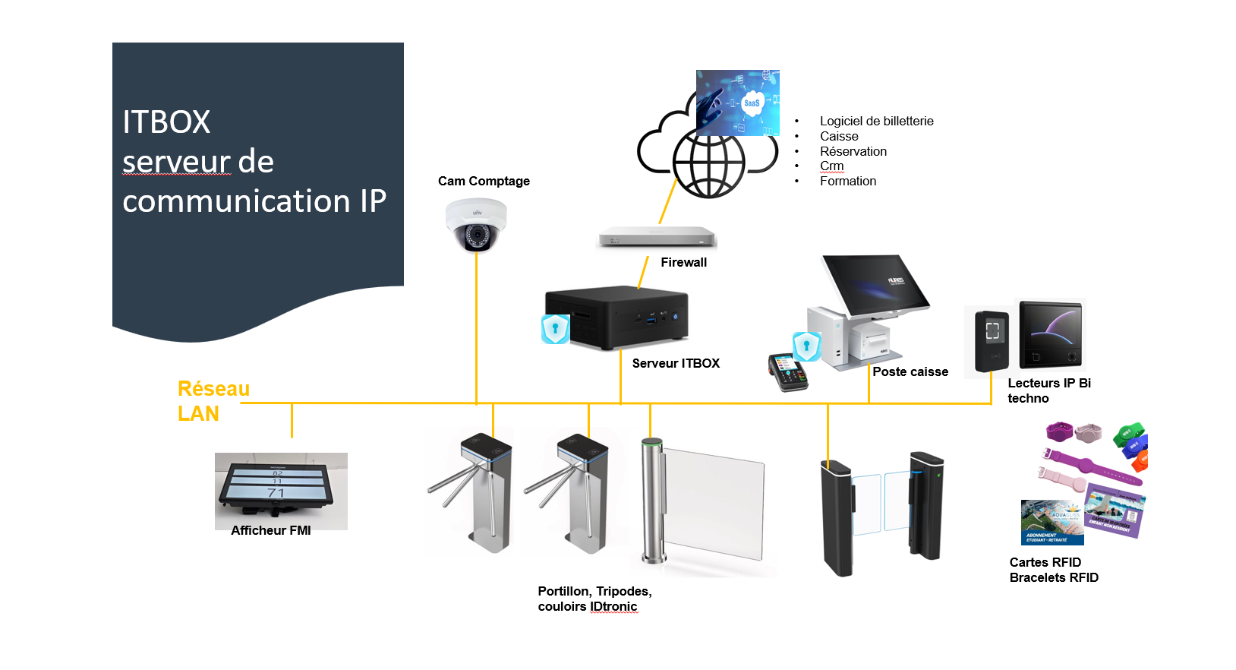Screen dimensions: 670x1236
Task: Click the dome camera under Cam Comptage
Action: point(476,225)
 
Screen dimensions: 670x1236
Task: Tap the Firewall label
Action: point(683,262)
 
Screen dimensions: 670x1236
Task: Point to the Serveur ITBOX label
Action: point(676,363)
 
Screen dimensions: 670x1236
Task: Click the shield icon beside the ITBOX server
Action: point(555,329)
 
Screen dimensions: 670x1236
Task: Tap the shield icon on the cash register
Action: point(806,346)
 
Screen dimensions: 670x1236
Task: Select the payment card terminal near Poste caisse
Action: point(788,372)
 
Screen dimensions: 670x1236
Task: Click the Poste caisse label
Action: point(910,371)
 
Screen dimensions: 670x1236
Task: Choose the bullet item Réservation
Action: point(853,151)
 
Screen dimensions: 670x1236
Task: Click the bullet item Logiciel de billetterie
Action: point(876,121)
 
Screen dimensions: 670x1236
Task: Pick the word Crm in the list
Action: point(831,166)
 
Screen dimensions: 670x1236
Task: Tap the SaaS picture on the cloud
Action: point(738,103)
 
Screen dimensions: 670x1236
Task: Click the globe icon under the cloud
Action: point(709,163)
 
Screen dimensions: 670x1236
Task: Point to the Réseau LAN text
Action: point(213,400)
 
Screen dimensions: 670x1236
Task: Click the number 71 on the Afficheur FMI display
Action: point(276,493)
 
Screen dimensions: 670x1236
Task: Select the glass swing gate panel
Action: point(712,506)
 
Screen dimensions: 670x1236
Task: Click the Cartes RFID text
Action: point(1045,562)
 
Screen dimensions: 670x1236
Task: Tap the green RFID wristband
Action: point(1130,437)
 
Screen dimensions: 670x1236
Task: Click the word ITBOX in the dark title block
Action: point(166,122)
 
